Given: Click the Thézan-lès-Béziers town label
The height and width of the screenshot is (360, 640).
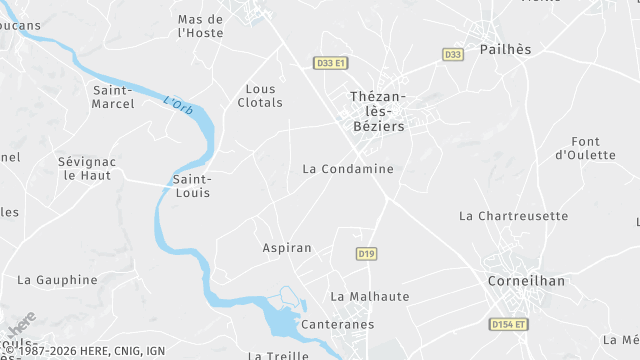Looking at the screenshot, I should pyautogui.click(x=378, y=112).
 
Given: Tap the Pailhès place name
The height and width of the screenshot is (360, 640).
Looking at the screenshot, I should pyautogui.click(x=505, y=49).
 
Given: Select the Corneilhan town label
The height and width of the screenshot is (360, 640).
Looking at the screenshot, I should pyautogui.click(x=526, y=281).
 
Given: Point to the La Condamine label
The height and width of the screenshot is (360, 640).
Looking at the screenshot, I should pyautogui.click(x=348, y=169).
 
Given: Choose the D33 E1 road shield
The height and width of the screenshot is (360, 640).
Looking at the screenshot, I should pyautogui.click(x=330, y=63).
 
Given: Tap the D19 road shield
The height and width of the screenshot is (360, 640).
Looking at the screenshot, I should pyautogui.click(x=366, y=254).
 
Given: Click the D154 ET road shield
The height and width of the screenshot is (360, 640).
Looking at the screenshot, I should pyautogui.click(x=509, y=324).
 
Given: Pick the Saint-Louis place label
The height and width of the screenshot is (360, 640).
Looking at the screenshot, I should pyautogui.click(x=192, y=186).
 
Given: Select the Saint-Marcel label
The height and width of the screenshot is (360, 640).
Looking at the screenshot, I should pyautogui.click(x=113, y=97).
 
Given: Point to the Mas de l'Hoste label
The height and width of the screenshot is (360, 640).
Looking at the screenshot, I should pyautogui.click(x=200, y=26).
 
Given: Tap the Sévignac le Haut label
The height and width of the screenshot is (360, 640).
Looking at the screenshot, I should pyautogui.click(x=87, y=168).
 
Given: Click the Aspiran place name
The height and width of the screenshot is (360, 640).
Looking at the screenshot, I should pyautogui.click(x=287, y=247).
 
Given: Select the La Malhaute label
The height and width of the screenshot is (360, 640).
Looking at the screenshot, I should pyautogui.click(x=370, y=296).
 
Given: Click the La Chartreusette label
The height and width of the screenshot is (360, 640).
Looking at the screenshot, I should pyautogui.click(x=513, y=216).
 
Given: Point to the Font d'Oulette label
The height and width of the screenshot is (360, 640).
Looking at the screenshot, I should pyautogui.click(x=585, y=148).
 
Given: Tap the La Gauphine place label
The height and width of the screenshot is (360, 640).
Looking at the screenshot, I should pyautogui.click(x=57, y=280).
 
